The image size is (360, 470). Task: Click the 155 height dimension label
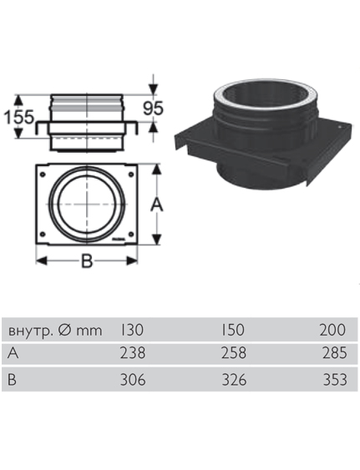19,117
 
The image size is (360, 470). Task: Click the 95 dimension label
153,109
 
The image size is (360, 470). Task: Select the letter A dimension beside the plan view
156,205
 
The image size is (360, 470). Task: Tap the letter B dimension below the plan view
87,260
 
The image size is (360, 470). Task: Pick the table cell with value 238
133,353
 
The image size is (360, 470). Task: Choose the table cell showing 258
234,353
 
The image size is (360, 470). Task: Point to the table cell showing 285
335,353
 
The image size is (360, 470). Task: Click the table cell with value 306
133,380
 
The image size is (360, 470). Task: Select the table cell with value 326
234,380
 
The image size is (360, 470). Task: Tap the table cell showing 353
335,380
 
